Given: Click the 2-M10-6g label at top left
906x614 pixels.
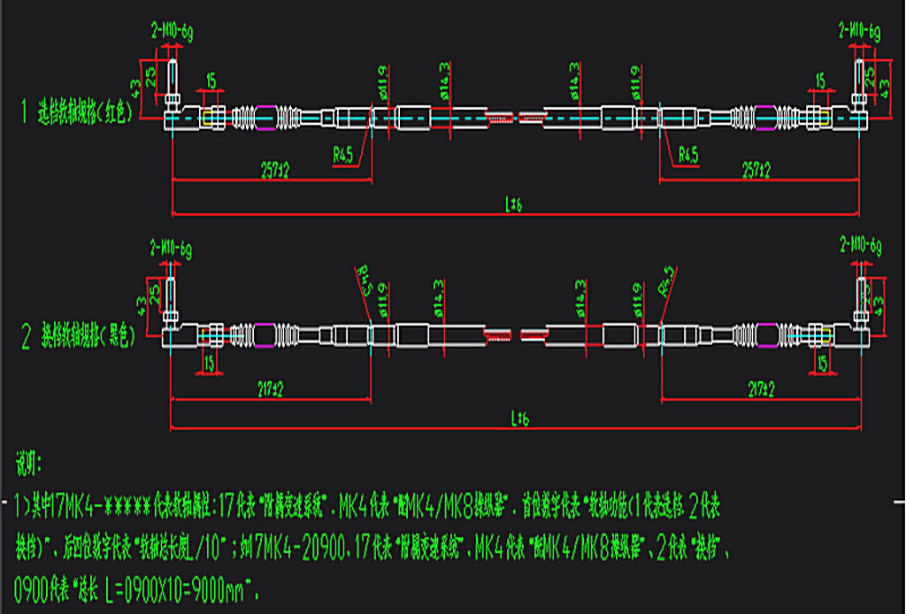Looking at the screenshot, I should [x=172, y=32].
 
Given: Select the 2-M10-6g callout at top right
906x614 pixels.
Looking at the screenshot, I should [x=859, y=32].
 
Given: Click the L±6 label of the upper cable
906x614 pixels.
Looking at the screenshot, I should [x=514, y=204].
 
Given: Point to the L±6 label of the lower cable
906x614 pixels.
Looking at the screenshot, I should [x=514, y=418].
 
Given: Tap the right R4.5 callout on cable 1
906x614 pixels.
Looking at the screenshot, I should [x=687, y=154].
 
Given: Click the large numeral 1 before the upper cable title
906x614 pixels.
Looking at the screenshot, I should [x=27, y=111].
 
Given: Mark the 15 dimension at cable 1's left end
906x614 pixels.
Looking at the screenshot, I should [x=211, y=81].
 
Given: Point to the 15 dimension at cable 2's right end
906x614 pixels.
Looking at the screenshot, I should [x=822, y=363].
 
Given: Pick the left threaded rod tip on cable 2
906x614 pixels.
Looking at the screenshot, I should [x=498, y=335].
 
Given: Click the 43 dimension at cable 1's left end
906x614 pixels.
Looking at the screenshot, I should [x=136, y=88].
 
